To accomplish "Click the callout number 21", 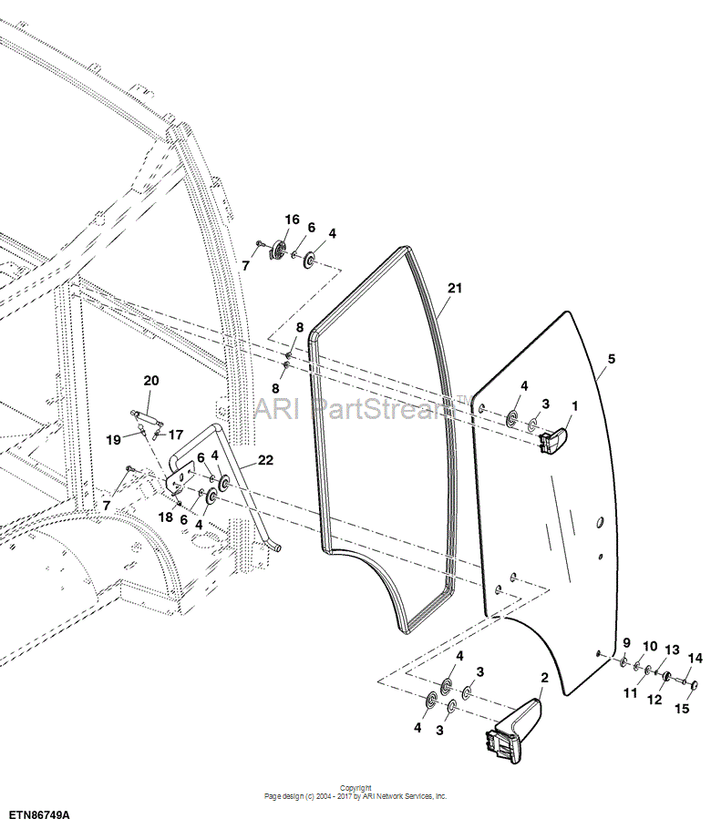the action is tap(455, 288).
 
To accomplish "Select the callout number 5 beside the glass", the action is tap(612, 359).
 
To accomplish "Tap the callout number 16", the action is tap(292, 220).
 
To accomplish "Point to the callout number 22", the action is tap(265, 460).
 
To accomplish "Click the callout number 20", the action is tap(151, 381).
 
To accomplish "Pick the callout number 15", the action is tap(683, 708).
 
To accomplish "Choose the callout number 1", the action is tap(575, 406).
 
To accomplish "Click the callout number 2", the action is tap(544, 678).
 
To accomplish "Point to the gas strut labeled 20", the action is tap(147, 417).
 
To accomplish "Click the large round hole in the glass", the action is tap(600, 523).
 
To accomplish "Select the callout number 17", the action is tap(175, 435).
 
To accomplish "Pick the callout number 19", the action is tap(114, 439).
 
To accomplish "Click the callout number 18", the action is tap(166, 517).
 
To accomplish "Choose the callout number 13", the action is tap(672, 650).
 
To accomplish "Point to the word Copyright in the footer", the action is tap(355, 788).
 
